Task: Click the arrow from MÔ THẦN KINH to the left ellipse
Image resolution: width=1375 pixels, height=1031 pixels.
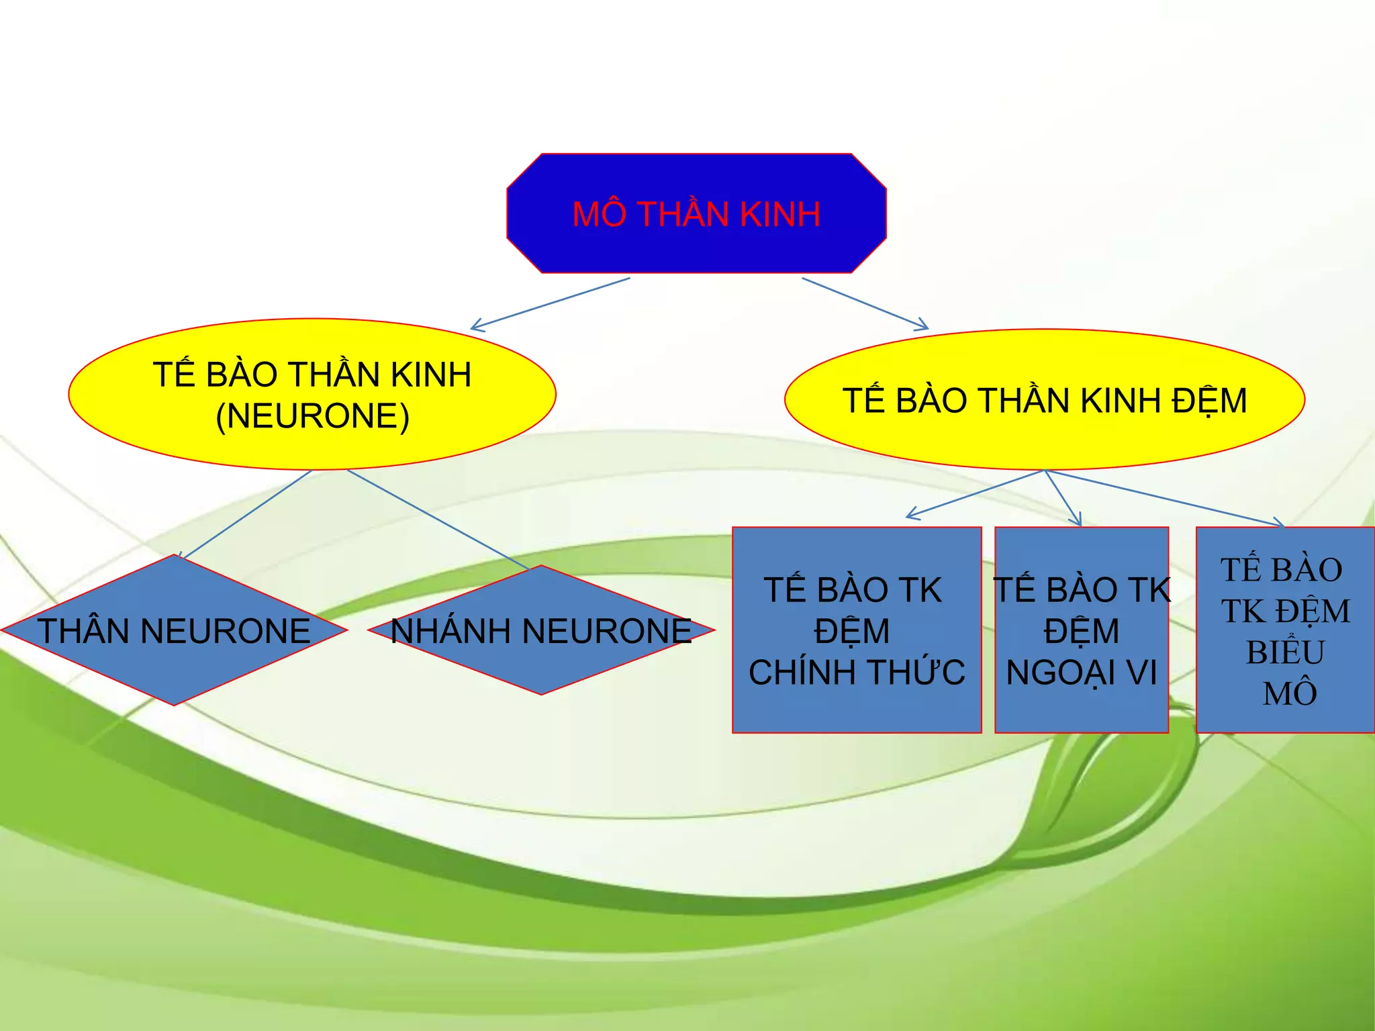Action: click(551, 303)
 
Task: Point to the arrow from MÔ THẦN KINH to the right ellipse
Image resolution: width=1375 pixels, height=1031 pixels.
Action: click(866, 303)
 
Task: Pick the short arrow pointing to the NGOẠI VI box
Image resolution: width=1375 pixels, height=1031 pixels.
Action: click(1063, 498)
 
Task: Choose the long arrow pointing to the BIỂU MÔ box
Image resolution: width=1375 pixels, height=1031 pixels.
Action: click(1165, 497)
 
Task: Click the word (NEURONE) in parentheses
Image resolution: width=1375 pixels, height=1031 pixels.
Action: click(312, 416)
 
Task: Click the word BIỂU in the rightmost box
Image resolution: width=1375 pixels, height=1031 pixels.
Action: click(1285, 652)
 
